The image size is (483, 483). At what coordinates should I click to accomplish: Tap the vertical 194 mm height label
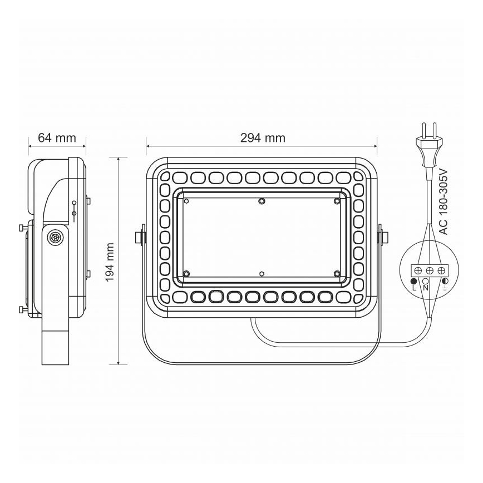coord(110,261)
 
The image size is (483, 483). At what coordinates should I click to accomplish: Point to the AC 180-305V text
coord(443,201)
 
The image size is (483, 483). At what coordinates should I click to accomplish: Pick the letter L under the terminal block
coord(413,288)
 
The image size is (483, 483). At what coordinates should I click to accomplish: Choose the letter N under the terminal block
coord(426,288)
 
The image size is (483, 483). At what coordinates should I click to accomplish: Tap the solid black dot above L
coord(413,281)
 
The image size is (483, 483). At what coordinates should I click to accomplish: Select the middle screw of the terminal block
coord(429,270)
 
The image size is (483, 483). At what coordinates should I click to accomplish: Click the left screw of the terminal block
coord(417,270)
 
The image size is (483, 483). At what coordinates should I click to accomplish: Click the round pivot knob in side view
coord(56,237)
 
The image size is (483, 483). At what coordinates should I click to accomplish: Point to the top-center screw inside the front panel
coord(262,201)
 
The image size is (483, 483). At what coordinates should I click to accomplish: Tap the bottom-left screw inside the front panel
coord(187,273)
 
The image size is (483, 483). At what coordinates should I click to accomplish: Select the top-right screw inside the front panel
coord(337,201)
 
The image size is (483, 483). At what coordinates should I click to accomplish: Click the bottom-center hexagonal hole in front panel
coord(262,274)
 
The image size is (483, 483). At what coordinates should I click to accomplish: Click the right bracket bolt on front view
coord(382,237)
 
